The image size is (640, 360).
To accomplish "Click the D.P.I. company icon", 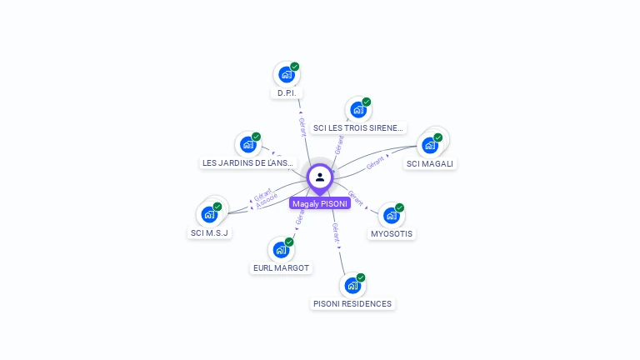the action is (x=287, y=74).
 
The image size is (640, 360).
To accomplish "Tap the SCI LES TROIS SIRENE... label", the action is (x=358, y=128).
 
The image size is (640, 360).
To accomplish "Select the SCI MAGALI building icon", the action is (x=430, y=145).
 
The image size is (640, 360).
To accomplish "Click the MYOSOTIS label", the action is (x=392, y=234).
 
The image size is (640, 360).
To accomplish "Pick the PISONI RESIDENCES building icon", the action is (x=352, y=285).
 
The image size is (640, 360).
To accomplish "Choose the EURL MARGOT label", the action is (x=281, y=268).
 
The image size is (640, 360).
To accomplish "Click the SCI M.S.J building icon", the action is (x=209, y=214).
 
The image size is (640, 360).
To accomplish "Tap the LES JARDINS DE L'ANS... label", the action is (x=247, y=163).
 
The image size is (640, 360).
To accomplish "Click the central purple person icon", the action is (x=320, y=177).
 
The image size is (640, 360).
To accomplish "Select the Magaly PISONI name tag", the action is (x=320, y=203).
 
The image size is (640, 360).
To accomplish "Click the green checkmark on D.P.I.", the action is (x=295, y=67).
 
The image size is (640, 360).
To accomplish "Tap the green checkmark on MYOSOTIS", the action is (x=400, y=207).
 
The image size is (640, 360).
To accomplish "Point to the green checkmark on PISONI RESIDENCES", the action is (x=361, y=277).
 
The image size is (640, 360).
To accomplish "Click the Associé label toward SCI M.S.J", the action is (x=267, y=201).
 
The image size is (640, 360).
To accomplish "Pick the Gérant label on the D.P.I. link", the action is (x=302, y=126).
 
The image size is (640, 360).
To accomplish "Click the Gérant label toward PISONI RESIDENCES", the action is (x=335, y=232).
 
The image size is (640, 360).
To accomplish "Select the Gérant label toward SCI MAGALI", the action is (x=375, y=162).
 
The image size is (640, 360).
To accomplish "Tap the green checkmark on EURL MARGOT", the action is (x=289, y=242).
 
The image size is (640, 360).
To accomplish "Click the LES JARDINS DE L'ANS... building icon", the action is (x=247, y=144).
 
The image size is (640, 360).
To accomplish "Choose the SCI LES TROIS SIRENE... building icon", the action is (x=358, y=109).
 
